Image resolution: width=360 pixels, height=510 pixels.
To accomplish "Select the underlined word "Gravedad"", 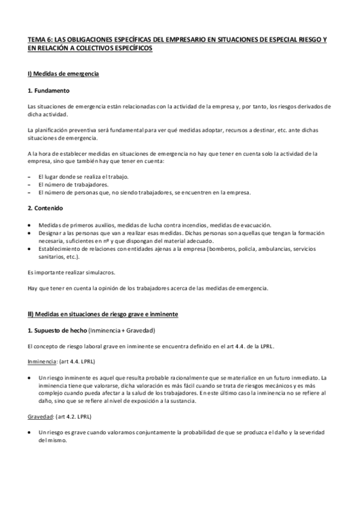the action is click(39, 417).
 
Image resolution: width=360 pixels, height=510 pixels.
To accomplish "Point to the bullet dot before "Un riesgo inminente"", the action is click(30, 377).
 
